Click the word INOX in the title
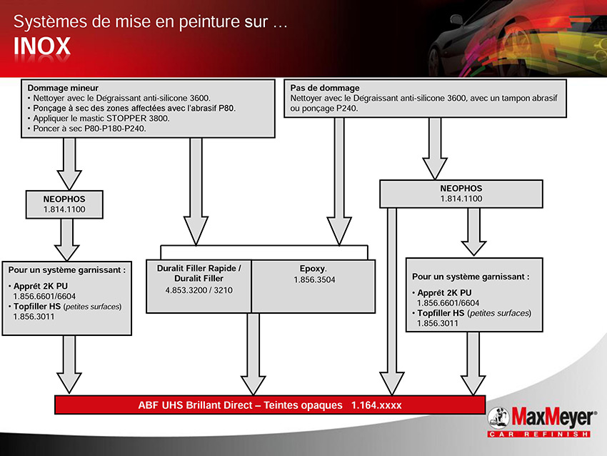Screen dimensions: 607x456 (42, 46)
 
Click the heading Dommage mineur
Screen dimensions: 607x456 (63, 88)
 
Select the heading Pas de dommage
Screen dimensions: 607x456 (325, 88)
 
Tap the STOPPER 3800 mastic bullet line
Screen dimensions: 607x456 (99, 118)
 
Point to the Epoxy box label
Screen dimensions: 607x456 (313, 269)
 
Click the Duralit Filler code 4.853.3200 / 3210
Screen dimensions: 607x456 (199, 290)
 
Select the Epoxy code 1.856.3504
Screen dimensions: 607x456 (314, 279)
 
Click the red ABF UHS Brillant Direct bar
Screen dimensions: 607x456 (270, 405)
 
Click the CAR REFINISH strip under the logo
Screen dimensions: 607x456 (538, 434)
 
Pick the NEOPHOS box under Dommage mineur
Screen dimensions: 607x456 (64, 204)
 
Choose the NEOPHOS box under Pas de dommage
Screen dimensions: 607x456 (461, 194)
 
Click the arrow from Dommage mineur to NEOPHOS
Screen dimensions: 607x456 (69, 164)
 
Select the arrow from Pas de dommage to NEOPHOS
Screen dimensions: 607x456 (435, 149)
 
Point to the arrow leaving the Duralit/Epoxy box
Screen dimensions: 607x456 (254, 354)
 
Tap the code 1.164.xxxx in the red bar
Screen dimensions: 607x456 (376, 405)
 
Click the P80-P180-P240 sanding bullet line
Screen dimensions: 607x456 (87, 128)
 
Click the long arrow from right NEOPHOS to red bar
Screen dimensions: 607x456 (392, 302)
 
